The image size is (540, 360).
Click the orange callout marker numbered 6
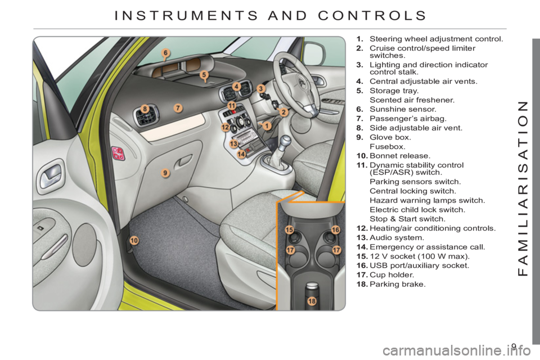(165, 53)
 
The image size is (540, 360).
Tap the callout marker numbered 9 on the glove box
(165, 173)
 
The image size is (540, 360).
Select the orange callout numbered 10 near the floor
(134, 240)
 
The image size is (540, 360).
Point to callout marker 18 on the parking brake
(312, 301)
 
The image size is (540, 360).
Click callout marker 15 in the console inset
(289, 229)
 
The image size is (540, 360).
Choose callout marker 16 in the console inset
(335, 229)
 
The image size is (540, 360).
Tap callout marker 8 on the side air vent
(145, 109)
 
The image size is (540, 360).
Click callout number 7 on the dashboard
(178, 108)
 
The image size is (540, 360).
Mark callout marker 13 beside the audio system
(234, 143)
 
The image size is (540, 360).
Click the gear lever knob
(286, 142)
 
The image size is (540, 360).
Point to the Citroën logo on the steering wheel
(303, 83)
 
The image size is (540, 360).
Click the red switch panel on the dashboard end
(118, 154)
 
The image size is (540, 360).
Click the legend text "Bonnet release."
(400, 156)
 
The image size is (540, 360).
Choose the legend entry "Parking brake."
(398, 284)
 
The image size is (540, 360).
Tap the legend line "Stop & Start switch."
(407, 219)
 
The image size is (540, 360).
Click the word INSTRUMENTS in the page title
(186, 16)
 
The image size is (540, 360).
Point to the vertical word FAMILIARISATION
(523, 188)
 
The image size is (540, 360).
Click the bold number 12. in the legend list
(362, 228)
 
